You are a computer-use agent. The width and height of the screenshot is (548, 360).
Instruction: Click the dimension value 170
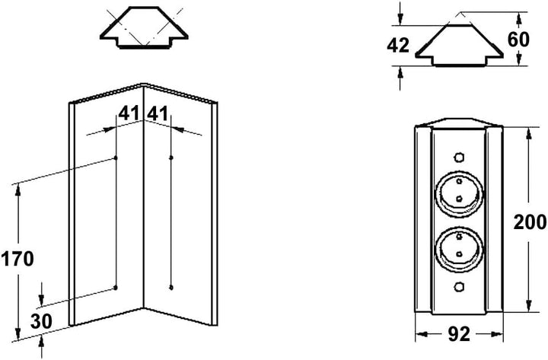coord(18,259)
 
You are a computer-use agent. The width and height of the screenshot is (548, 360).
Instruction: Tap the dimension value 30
coord(41,321)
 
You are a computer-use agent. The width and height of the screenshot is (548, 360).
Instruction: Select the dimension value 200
coord(530,222)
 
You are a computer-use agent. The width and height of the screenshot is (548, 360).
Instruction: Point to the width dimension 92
coord(459,334)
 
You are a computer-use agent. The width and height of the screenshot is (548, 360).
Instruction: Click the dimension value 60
coord(518,39)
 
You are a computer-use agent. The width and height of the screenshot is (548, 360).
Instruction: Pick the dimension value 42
coord(398,46)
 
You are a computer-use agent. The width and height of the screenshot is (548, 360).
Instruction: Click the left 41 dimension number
coord(129,113)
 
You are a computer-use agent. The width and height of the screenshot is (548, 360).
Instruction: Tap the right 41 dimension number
coord(158,113)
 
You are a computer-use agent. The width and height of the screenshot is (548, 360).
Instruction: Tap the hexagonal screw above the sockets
coord(459,157)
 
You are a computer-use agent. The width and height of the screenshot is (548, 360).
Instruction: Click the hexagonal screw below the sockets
coord(459,287)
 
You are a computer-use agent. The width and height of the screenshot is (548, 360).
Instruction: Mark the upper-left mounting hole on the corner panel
coord(116,158)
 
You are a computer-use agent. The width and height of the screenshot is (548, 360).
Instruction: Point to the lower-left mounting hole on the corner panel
coord(116,288)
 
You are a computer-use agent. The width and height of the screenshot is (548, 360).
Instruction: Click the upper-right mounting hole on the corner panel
coord(171,158)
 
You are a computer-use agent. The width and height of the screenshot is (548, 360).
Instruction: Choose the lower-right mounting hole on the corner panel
coord(171,288)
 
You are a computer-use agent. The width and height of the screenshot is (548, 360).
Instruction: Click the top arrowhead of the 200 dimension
coord(528,134)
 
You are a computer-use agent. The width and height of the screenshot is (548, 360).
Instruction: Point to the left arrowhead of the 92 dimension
coord(422,334)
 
